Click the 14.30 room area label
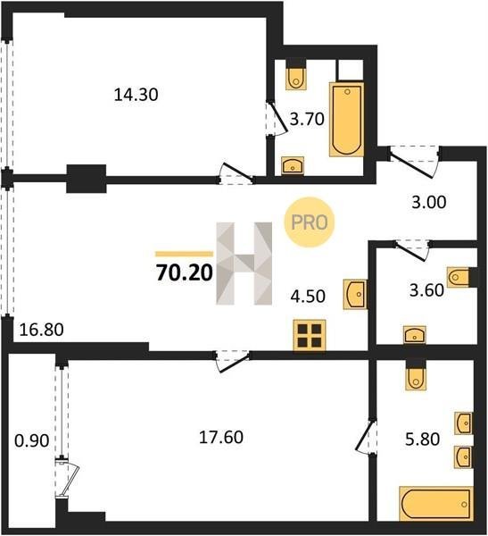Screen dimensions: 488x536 point(136,95)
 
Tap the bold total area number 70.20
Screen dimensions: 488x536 point(185,273)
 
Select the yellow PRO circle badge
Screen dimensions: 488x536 point(310,222)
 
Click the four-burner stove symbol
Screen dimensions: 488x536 point(310,335)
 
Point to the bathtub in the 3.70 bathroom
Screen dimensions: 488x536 point(346,120)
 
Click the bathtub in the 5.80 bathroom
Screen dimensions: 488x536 point(436,504)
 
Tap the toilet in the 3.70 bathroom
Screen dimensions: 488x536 point(295,79)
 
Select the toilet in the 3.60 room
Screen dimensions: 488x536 point(459,277)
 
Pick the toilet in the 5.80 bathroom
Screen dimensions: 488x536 point(416,379)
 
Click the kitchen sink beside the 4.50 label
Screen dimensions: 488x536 point(355,294)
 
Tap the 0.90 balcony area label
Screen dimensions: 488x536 point(32,440)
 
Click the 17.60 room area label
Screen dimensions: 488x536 point(221,437)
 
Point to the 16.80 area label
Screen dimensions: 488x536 point(41,330)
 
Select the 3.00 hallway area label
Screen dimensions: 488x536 point(429,202)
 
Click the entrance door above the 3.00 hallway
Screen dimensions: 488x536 point(414,162)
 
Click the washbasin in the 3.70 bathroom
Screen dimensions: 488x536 point(293,165)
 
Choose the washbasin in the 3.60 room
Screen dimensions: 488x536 point(415,335)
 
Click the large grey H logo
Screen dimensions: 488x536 point(244,264)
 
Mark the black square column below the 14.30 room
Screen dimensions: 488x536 point(86,179)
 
